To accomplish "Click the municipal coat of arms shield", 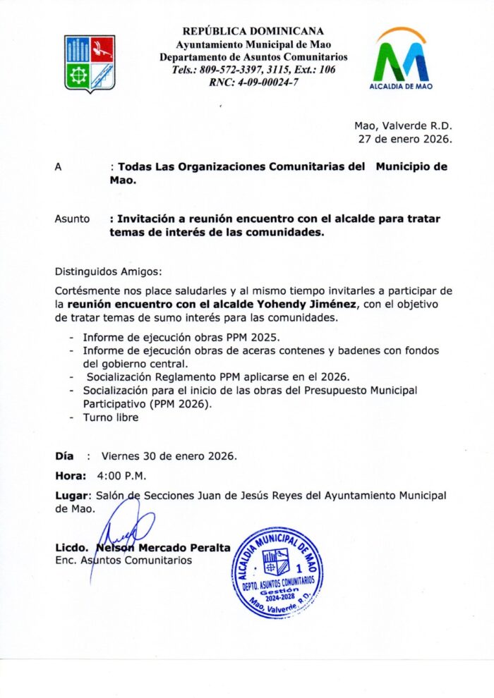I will pyautogui.click(x=90, y=62).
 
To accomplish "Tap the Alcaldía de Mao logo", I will pyautogui.click(x=401, y=59).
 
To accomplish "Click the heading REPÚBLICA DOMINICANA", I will pyautogui.click(x=253, y=31).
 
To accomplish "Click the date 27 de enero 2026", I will pyautogui.click(x=405, y=139).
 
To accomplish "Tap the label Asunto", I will pyautogui.click(x=72, y=219).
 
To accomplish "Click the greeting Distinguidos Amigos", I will pyautogui.click(x=107, y=271).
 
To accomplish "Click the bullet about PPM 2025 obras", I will pyautogui.click(x=181, y=337).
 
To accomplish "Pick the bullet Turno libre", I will pyautogui.click(x=111, y=417).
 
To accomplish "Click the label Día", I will pyautogui.click(x=64, y=455).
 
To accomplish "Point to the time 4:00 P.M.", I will pyautogui.click(x=122, y=475).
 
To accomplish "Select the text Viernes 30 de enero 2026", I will pyautogui.click(x=169, y=455).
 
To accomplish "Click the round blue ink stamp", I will pyautogui.click(x=277, y=571).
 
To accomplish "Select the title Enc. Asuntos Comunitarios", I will pyautogui.click(x=123, y=561).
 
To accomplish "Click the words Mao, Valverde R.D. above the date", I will pyautogui.click(x=403, y=126).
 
